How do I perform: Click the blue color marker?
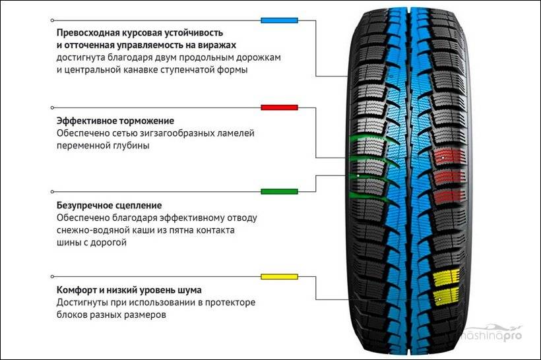point(279,20)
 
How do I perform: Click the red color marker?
point(279,107)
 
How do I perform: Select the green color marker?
point(279,191)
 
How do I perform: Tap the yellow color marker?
point(279,276)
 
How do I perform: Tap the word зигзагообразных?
point(177,133)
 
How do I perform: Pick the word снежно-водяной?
point(86,230)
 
